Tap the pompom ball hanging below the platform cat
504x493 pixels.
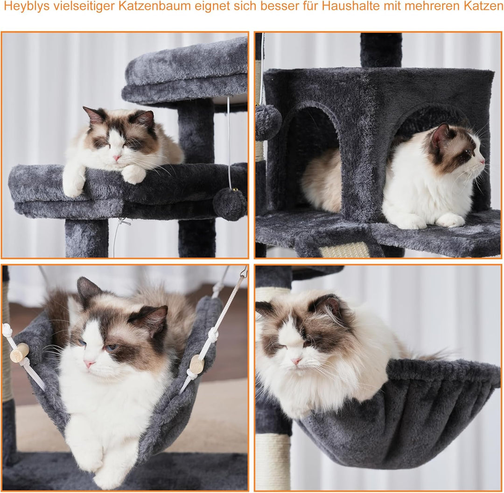click(x=230, y=204)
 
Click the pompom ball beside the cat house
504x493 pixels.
click(x=268, y=122)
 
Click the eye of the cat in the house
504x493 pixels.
click(x=466, y=152)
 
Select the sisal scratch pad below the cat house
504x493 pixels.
click(x=344, y=250)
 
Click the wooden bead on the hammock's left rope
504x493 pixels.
click(x=19, y=353)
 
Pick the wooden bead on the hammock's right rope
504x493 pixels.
click(x=197, y=364)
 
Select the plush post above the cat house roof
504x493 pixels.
click(x=381, y=50)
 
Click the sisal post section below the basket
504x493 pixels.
click(x=273, y=464)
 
